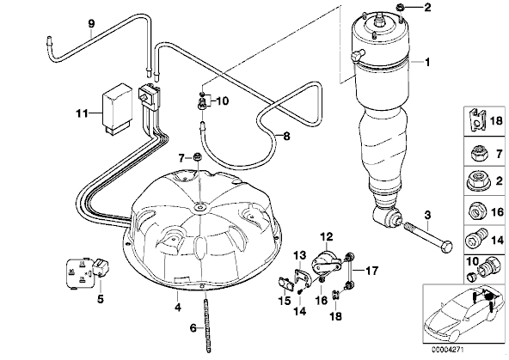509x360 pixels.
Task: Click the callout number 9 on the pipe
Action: (91, 23)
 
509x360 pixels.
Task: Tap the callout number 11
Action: (83, 113)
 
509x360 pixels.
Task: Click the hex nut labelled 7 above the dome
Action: (196, 157)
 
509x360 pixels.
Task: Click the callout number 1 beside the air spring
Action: (427, 62)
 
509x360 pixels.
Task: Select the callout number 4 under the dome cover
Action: (178, 307)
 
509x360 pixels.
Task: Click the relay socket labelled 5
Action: (88, 272)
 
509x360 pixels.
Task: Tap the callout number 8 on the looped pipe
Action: (286, 137)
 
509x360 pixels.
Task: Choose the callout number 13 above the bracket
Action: (299, 255)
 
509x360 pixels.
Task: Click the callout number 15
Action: (285, 301)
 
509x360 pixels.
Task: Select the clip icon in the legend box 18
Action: (477, 121)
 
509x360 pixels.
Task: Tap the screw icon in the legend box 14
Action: (477, 241)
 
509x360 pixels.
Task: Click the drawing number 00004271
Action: (448, 351)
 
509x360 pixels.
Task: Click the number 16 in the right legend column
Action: (497, 212)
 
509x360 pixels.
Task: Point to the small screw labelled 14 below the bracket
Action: (300, 291)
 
